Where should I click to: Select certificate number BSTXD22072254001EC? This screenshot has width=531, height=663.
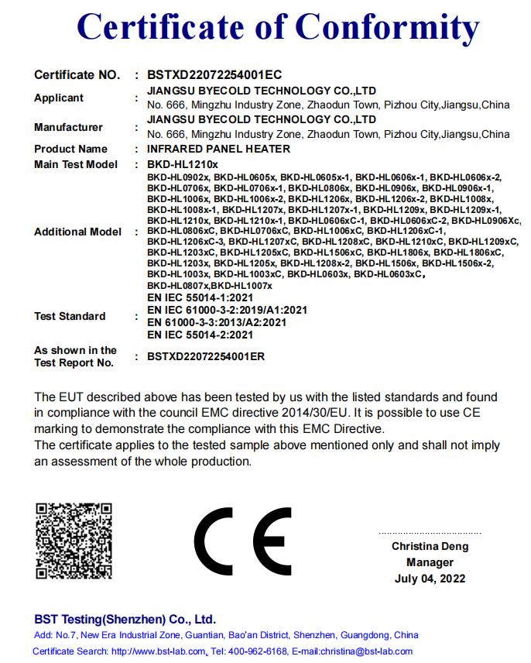pyautogui.click(x=208, y=75)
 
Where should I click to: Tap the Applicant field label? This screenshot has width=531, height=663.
pyautogui.click(x=59, y=98)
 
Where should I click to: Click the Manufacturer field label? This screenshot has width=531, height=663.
pyautogui.click(x=68, y=127)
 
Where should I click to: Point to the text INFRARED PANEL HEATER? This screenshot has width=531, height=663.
pyautogui.click(x=218, y=149)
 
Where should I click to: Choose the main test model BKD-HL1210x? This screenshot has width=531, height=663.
pyautogui.click(x=183, y=164)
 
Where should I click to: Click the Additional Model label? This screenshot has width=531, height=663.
pyautogui.click(x=77, y=232)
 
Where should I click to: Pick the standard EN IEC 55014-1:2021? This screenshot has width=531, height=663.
pyautogui.click(x=200, y=297)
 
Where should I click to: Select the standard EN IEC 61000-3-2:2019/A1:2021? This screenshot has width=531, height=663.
pyautogui.click(x=227, y=310)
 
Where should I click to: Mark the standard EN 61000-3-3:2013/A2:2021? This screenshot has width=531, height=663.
pyautogui.click(x=217, y=322)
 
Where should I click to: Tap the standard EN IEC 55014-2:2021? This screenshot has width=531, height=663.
pyautogui.click(x=200, y=335)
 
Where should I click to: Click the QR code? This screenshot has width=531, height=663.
pyautogui.click(x=74, y=540)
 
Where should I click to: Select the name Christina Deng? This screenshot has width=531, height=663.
pyautogui.click(x=430, y=547)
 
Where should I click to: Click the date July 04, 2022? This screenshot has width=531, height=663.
pyautogui.click(x=430, y=579)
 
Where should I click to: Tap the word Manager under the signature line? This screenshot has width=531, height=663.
pyautogui.click(x=430, y=563)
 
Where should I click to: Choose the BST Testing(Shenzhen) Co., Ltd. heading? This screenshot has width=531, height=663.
pyautogui.click(x=125, y=620)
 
